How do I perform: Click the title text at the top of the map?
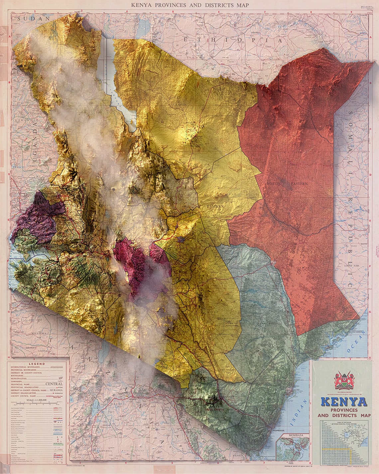pyautogui.click(x=190, y=5)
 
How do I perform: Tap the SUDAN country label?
pyautogui.click(x=33, y=19)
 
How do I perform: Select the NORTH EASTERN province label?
pyautogui.click(x=287, y=184)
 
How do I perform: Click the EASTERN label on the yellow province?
pyautogui.click(x=215, y=207)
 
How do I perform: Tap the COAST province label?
pyautogui.click(x=267, y=345)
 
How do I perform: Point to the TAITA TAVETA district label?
pyautogui.click(x=214, y=409)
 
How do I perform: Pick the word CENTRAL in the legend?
pyautogui.click(x=54, y=384)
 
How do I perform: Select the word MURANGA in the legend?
pyautogui.click(x=57, y=390)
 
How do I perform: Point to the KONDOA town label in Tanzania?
pyautogui.click(x=101, y=451)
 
